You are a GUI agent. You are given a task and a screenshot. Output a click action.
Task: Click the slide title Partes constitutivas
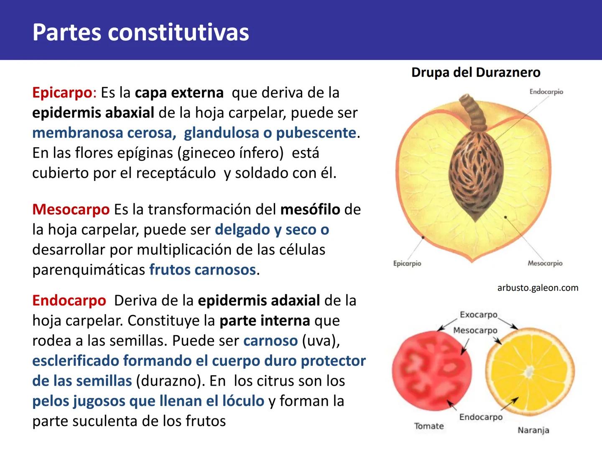(140, 32)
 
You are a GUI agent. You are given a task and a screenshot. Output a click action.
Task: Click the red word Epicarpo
(62, 92)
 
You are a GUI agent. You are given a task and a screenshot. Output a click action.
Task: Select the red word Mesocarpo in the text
(71, 209)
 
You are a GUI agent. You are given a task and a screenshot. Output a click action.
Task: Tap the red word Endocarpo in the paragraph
(69, 300)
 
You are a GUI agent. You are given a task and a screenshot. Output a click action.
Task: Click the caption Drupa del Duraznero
(475, 72)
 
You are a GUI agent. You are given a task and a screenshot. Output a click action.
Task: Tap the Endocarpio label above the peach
(546, 92)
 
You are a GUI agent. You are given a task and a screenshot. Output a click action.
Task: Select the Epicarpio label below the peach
(407, 263)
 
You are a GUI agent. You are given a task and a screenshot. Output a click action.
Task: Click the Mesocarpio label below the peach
(545, 263)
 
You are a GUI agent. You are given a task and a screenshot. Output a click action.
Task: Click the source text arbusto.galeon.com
(538, 288)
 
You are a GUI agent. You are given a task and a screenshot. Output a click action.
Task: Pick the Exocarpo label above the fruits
(478, 315)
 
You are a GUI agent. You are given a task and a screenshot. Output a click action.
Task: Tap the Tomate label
(429, 426)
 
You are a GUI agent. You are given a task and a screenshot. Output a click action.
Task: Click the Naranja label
(533, 430)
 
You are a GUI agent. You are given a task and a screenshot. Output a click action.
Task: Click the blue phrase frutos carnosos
(202, 270)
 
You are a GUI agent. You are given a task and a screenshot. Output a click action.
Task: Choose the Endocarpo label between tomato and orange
(481, 417)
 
